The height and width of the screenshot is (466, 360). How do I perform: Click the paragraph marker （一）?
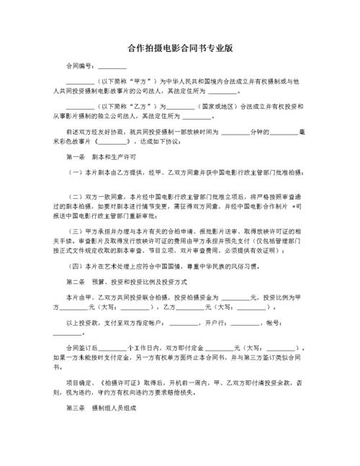click(75, 173)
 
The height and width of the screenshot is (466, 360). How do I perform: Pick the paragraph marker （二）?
click(75, 196)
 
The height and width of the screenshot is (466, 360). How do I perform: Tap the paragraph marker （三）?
click(75, 230)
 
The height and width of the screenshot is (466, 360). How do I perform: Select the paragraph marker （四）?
click(75, 264)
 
